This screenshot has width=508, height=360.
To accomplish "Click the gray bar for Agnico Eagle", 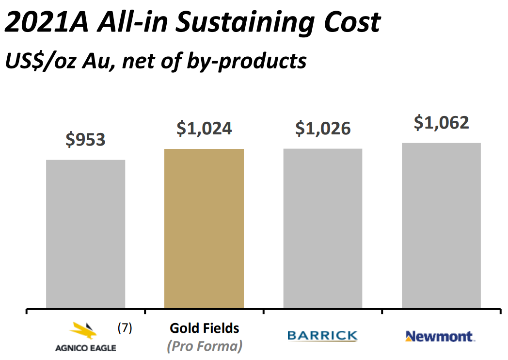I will (x=85, y=234).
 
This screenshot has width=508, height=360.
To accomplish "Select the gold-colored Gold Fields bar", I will (x=204, y=229).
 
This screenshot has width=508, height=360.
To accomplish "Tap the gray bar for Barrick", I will (x=323, y=228).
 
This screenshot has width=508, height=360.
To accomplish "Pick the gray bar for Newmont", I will (x=441, y=226).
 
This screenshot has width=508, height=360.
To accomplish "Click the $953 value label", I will (x=85, y=140).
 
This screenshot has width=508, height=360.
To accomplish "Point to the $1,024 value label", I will (x=204, y=128).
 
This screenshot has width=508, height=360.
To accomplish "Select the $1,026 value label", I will (x=323, y=128).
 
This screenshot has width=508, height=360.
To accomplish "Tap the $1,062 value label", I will (x=441, y=122).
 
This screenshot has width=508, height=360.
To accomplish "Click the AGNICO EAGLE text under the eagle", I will (x=86, y=347).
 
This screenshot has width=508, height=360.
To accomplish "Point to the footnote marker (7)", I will (x=125, y=328).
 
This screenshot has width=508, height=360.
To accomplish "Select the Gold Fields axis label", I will (x=204, y=328).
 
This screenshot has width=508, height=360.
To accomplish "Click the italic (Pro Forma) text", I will (x=204, y=346).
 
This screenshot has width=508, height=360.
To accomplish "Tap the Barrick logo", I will (x=322, y=336).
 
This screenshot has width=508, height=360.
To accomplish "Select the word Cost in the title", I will (x=349, y=23).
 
